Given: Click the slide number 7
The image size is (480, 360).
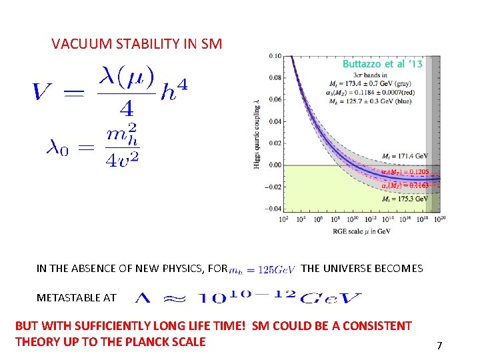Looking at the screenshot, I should coord(439,346).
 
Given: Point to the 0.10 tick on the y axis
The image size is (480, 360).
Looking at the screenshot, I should coord(275,56).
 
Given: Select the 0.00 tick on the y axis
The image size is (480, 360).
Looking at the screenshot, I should coord(275,165).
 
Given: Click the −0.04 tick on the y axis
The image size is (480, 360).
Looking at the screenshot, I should coord(274,209).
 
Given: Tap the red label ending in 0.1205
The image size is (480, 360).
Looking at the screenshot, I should coord(404,171).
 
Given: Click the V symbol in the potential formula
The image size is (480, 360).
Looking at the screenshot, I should coord(43,91).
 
